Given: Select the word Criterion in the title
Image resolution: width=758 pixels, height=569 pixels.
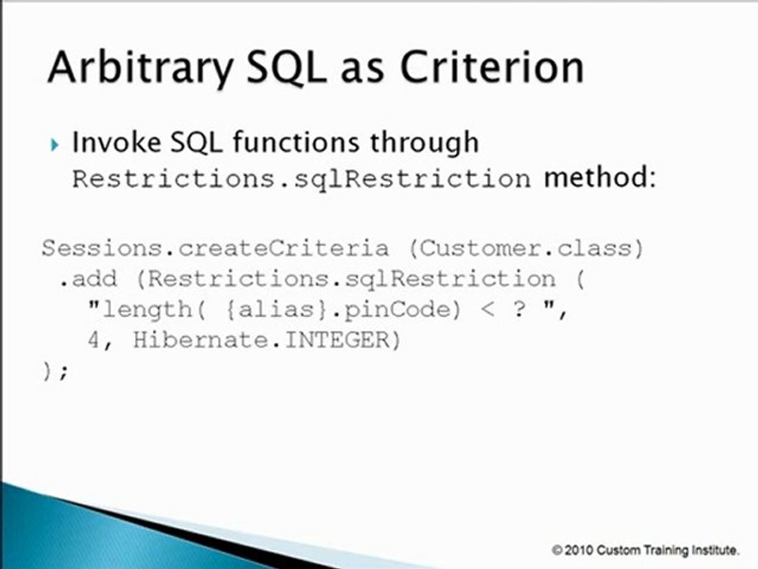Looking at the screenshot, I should (x=491, y=68).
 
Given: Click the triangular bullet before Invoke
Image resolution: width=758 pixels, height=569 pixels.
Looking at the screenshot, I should (x=54, y=144).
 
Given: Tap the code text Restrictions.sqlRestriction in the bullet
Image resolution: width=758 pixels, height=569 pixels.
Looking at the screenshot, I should (x=301, y=179).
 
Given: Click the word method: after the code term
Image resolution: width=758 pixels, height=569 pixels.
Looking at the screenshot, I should (x=599, y=178).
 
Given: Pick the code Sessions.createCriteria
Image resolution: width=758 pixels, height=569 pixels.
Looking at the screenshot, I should (x=215, y=248).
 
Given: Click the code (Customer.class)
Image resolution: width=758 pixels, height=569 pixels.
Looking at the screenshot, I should (x=527, y=248).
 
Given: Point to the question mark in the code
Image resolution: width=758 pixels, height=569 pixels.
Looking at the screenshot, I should (x=518, y=309).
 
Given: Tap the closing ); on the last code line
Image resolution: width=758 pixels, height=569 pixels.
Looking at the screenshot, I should (x=55, y=371).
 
